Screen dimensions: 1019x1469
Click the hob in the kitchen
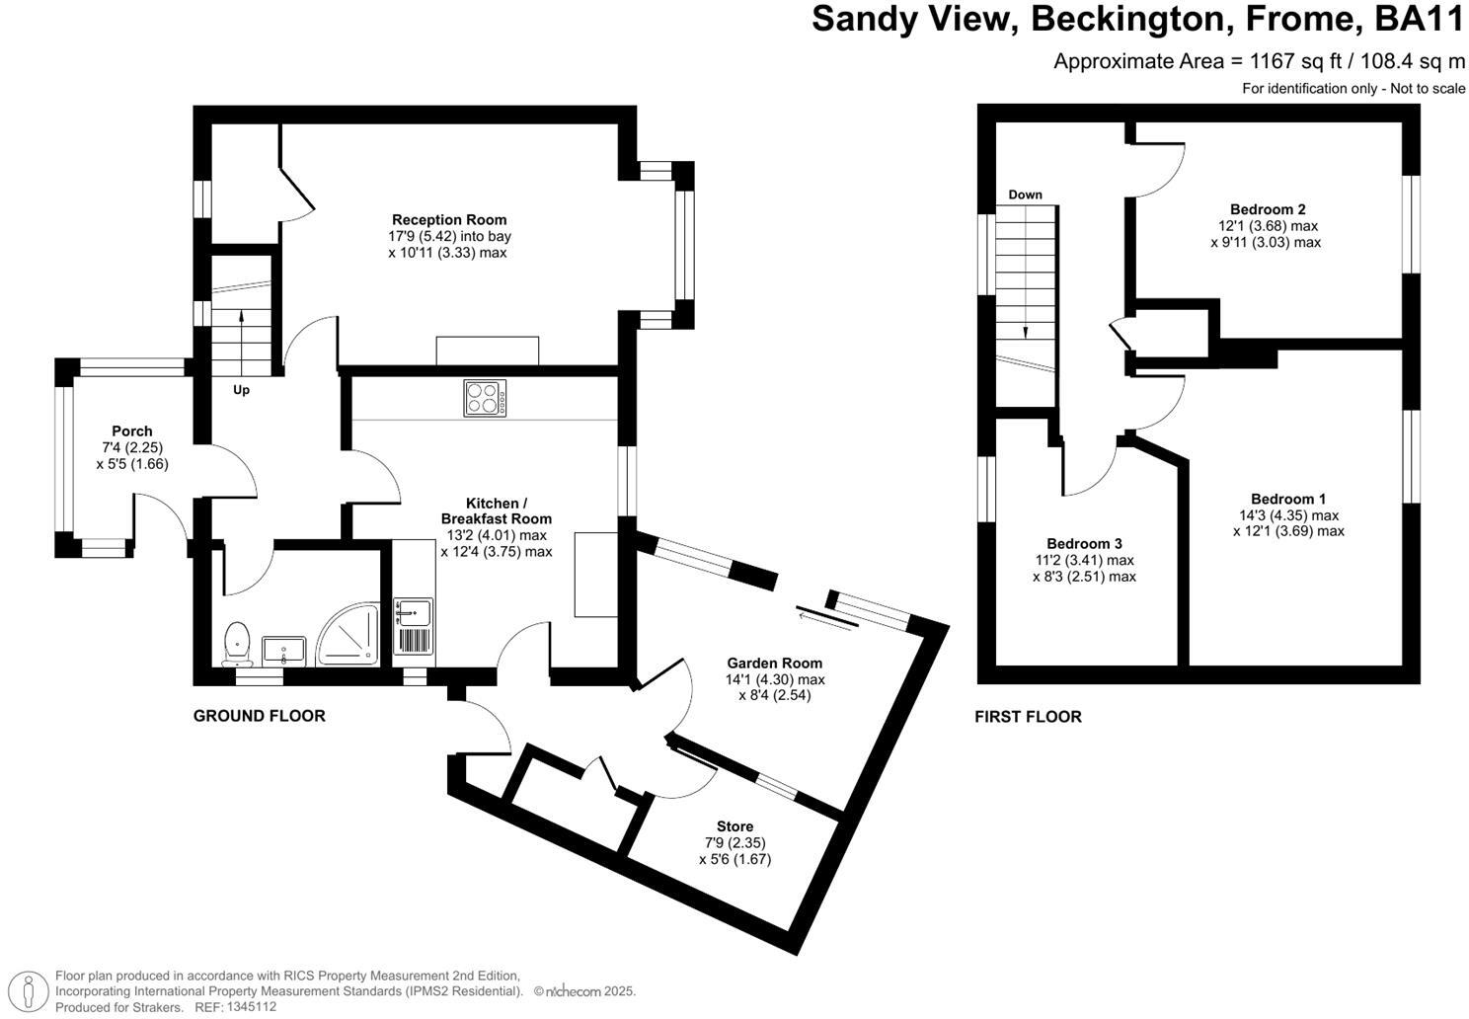485,398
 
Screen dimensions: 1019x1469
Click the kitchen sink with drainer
414,626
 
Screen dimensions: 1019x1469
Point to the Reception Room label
449,220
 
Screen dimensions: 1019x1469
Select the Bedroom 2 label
1268,209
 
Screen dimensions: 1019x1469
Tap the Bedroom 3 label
1084,544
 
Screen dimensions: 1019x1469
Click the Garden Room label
774,664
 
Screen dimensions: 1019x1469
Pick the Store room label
734,826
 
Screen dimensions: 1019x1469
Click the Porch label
132,431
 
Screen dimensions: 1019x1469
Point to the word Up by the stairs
241,390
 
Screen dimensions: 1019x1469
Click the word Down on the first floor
1025,195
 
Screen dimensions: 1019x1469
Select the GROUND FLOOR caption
259,716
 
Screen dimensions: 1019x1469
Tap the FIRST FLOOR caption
1028,717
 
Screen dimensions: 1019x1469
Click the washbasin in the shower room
285,651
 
